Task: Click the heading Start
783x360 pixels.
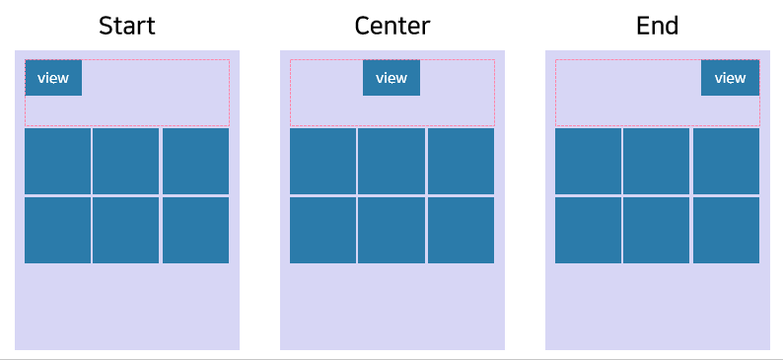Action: tap(127, 26)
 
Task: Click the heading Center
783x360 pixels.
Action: tap(391, 26)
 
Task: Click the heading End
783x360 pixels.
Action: tap(657, 26)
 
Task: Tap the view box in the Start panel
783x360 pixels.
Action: tap(53, 78)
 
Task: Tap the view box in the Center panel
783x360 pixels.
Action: tap(391, 78)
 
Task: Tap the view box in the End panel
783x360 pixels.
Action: tap(730, 78)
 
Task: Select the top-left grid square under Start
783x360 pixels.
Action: tap(57, 161)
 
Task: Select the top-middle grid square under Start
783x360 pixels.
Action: tap(126, 161)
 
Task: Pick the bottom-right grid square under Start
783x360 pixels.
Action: tap(195, 231)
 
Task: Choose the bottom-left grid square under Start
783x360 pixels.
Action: tap(57, 231)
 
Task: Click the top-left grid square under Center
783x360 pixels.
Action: tap(322, 161)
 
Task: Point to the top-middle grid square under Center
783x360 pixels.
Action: tap(391, 161)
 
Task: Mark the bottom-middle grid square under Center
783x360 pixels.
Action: tap(391, 231)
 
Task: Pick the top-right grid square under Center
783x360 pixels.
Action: tap(461, 161)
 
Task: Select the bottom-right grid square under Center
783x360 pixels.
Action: tap(461, 231)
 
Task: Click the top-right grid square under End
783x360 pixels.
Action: tap(726, 161)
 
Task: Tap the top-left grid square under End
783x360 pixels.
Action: tap(588, 161)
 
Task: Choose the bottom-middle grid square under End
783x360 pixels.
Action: tap(657, 231)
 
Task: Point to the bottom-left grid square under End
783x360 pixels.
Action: tap(588, 231)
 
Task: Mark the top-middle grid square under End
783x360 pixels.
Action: tap(657, 161)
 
